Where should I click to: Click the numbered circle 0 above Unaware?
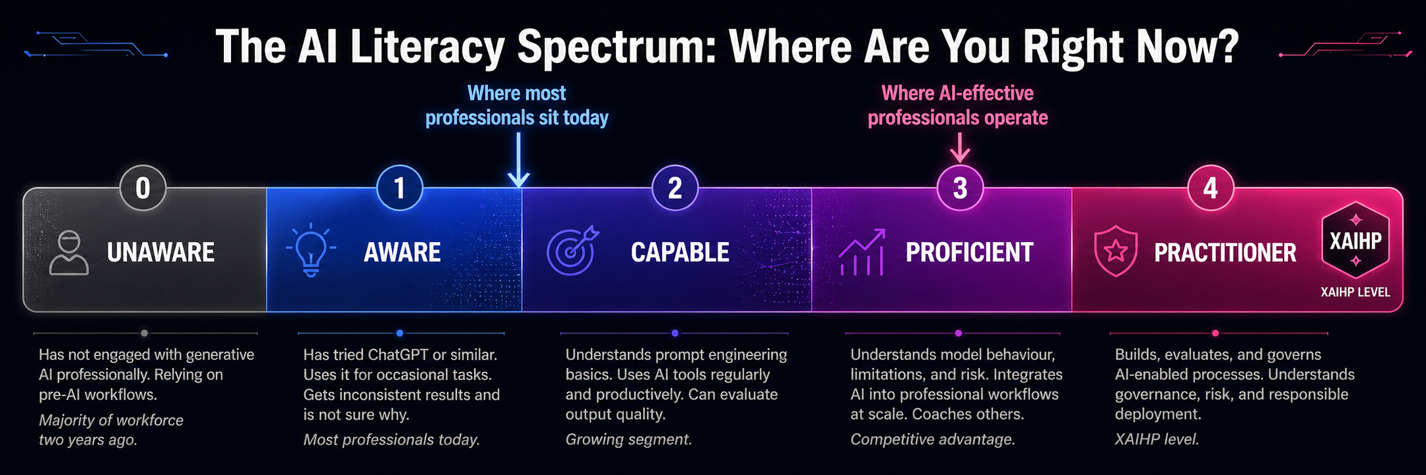142,188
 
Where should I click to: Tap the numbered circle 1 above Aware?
399,188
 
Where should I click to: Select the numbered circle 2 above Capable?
675,188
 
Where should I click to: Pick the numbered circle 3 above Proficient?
960,188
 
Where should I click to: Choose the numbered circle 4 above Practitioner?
1211,188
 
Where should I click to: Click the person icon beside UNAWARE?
69,253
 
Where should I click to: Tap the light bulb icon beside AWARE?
311,250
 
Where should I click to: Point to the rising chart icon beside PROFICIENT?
862,252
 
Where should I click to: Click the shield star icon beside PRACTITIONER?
1115,251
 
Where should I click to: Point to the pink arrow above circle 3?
960,148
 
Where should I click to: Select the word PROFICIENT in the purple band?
970,253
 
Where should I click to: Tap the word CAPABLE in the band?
680,253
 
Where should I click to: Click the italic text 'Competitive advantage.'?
933,440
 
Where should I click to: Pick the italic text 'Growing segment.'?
629,440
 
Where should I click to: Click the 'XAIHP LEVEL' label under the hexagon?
1355,293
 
